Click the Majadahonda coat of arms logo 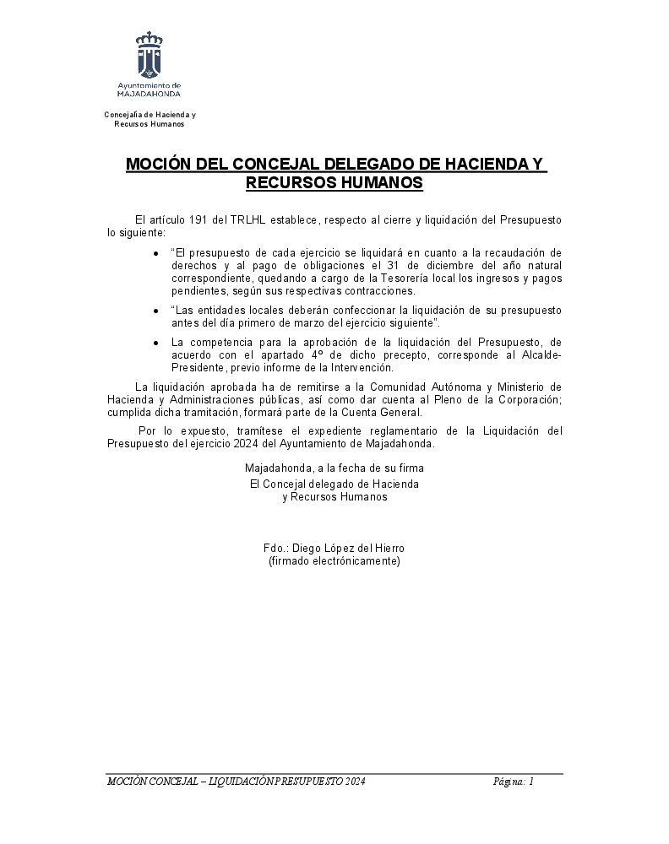150,55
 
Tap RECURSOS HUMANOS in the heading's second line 334,182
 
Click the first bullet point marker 156,253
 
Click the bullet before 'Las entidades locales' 156,311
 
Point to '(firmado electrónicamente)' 334,560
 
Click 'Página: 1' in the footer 514,782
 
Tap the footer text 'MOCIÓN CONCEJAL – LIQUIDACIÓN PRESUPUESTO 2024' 237,782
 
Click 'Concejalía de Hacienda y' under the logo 150,114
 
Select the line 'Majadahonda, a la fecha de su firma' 334,468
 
